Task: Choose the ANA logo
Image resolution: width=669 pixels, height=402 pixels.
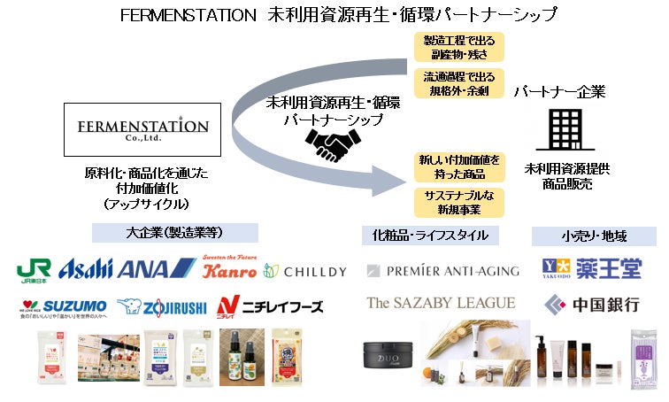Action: click(x=156, y=269)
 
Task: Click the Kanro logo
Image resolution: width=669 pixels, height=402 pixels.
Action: click(x=229, y=269)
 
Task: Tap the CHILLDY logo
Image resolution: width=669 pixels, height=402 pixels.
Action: click(x=305, y=270)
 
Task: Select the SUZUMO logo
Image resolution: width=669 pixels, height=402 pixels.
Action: click(x=62, y=306)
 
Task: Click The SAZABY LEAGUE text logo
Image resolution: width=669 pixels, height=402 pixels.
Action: click(x=441, y=303)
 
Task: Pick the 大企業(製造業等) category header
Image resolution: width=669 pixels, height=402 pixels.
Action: click(x=175, y=233)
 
